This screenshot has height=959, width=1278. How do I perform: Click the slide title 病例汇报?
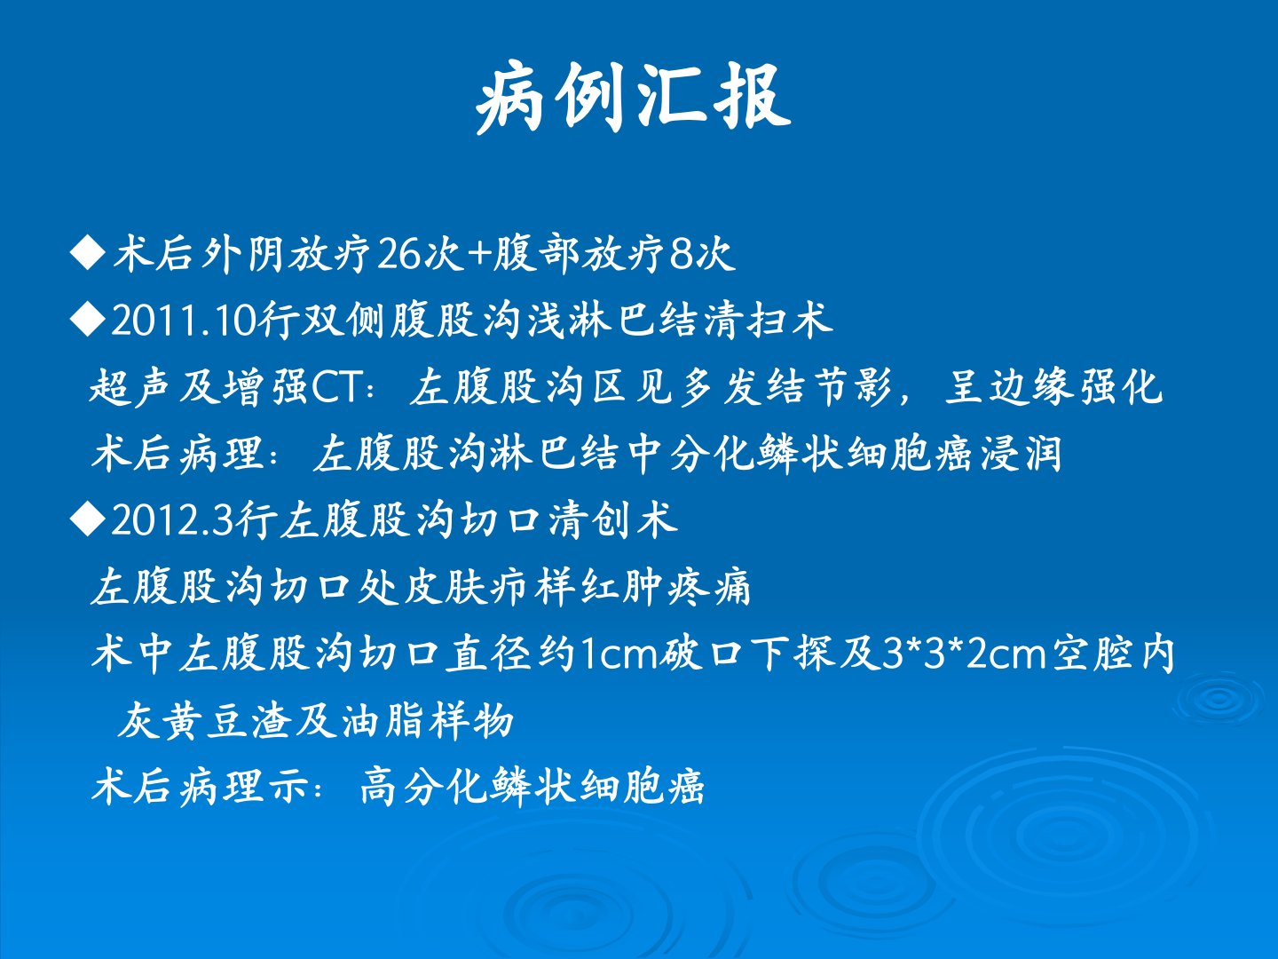(x=633, y=98)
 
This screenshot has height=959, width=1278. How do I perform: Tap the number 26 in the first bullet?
(x=399, y=255)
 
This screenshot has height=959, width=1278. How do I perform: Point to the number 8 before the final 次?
(x=680, y=255)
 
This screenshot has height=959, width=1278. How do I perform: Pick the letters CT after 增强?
(x=337, y=387)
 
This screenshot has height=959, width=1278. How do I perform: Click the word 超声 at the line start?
(x=130, y=386)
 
